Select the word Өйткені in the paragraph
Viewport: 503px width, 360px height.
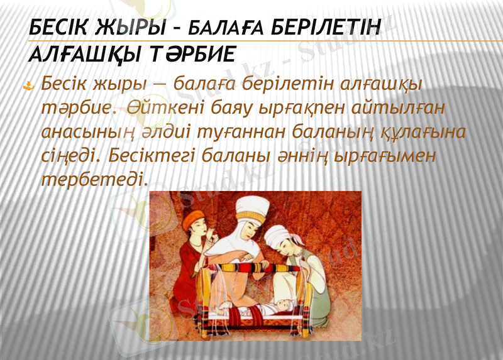tap(158, 107)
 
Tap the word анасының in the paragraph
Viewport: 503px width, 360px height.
tap(82, 132)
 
